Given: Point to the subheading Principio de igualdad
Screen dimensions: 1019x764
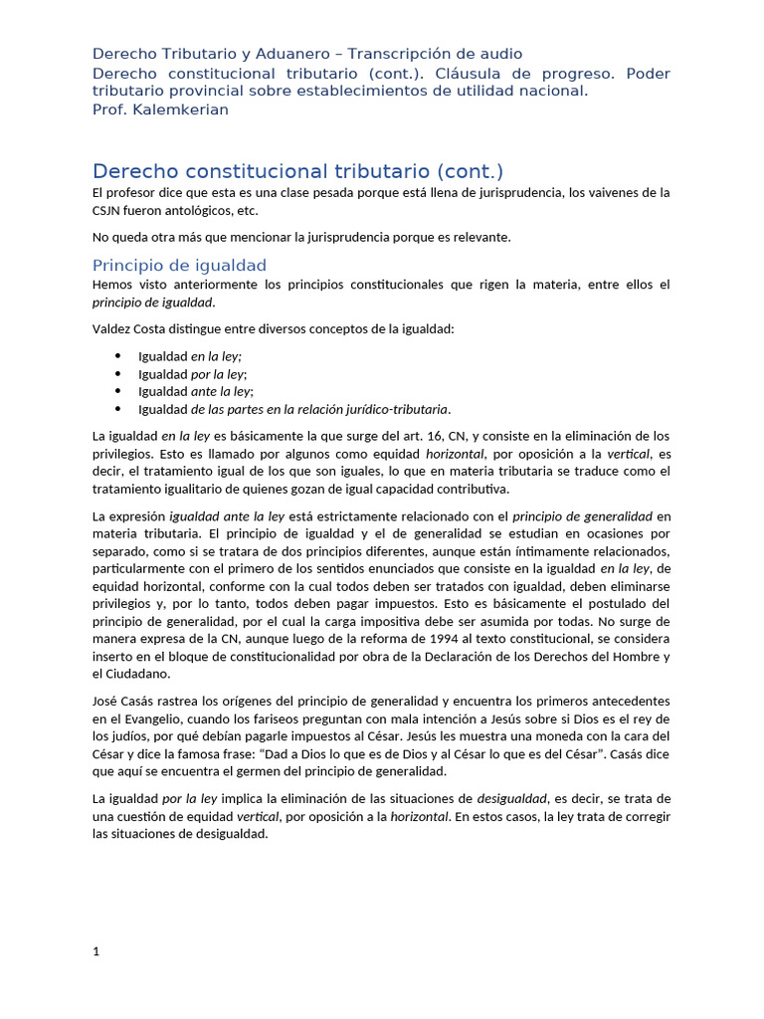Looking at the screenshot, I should coord(179,265).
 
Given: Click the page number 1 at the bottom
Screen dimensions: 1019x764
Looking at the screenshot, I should coord(96,951).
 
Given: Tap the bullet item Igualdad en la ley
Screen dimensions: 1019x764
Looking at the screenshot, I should coord(189,356).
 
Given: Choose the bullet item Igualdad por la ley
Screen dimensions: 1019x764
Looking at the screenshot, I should coord(191,374).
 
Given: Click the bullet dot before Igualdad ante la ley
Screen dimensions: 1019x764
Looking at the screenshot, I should coord(117,391).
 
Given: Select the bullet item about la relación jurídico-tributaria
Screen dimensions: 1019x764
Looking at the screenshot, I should coord(293,409).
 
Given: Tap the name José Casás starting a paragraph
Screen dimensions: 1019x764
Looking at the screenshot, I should coord(125,701).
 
